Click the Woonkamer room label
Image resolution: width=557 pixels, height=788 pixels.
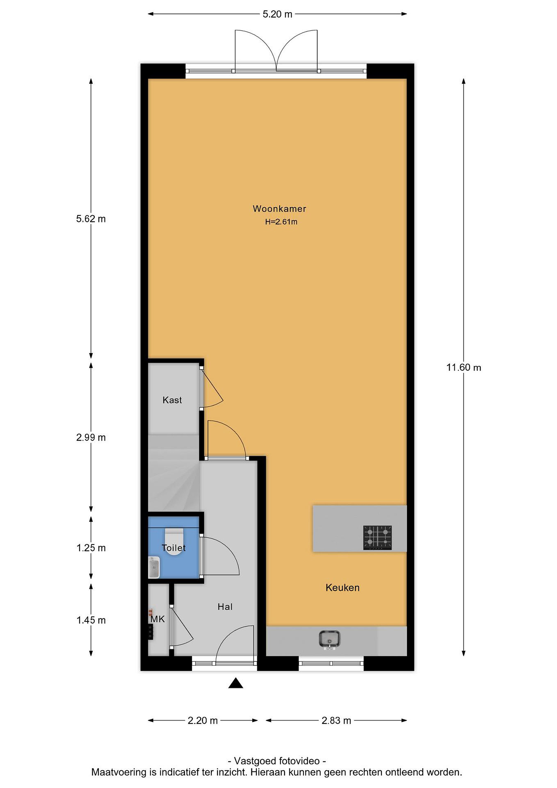[x=279, y=209]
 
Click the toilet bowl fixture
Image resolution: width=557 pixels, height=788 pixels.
[x=174, y=542]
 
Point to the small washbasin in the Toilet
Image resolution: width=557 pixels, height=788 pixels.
[x=154, y=568]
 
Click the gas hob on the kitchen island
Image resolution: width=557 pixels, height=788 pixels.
[x=378, y=537]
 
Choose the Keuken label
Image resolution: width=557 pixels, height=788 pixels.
[x=343, y=587]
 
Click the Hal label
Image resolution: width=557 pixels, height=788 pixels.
[x=225, y=607]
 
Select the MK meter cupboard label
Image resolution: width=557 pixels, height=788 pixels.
[x=158, y=619]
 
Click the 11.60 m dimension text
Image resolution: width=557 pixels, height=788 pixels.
[x=464, y=367]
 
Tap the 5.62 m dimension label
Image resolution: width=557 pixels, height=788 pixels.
[x=91, y=219]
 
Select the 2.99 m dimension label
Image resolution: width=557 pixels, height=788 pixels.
[x=91, y=438]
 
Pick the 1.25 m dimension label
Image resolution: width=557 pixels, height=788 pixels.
[x=91, y=548]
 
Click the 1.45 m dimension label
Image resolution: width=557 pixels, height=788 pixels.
[x=91, y=620]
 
